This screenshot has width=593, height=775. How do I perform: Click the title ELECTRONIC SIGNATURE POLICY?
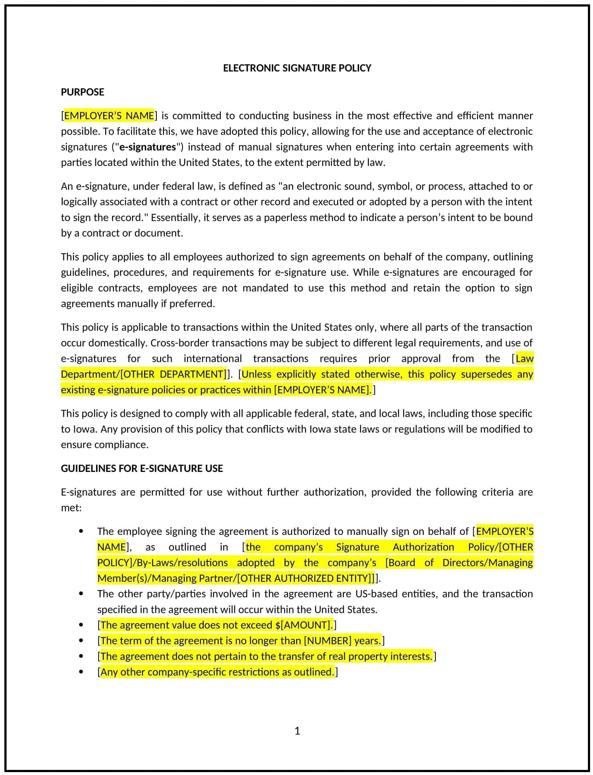click(x=297, y=68)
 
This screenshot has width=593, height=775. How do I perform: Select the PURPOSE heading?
click(x=82, y=92)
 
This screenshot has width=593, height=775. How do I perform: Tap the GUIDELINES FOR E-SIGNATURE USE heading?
click(x=142, y=468)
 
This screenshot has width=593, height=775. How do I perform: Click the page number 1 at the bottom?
click(x=297, y=731)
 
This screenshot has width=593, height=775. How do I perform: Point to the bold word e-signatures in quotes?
click(x=147, y=147)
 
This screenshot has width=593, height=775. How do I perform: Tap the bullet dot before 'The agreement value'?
click(x=81, y=625)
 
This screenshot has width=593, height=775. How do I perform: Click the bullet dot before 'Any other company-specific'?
click(x=81, y=672)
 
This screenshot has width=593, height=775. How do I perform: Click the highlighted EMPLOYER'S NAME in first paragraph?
click(x=109, y=116)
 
